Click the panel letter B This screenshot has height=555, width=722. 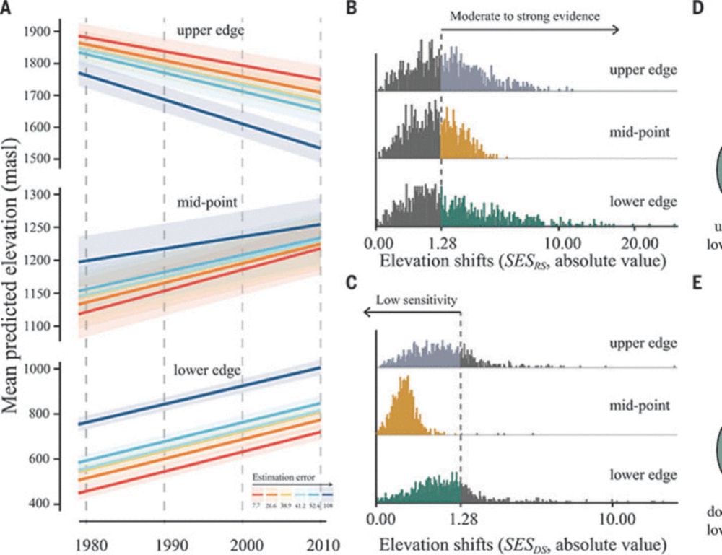352,9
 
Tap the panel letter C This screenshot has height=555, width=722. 352,282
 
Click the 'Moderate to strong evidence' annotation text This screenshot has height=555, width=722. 525,15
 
